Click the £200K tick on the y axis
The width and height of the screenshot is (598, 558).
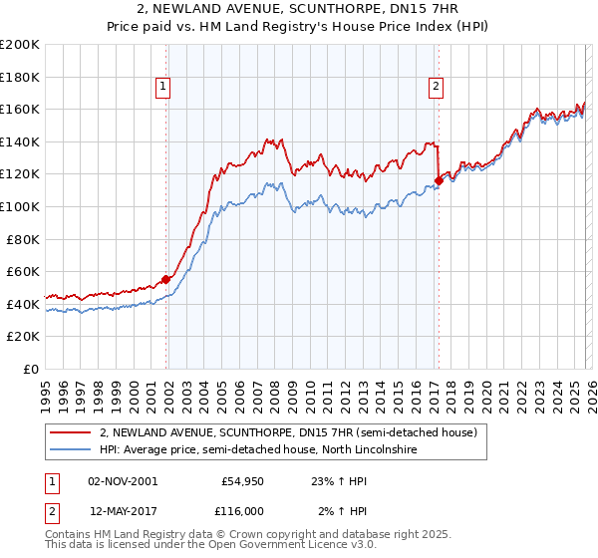click(x=20, y=45)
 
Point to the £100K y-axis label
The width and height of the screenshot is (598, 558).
click(x=20, y=206)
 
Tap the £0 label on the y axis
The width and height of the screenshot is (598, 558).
click(x=31, y=369)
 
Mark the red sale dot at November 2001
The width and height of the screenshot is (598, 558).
click(x=165, y=279)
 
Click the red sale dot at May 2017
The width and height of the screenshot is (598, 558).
click(x=439, y=180)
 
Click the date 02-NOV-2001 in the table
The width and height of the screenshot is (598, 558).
click(x=122, y=480)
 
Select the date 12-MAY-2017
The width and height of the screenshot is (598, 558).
click(x=122, y=510)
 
